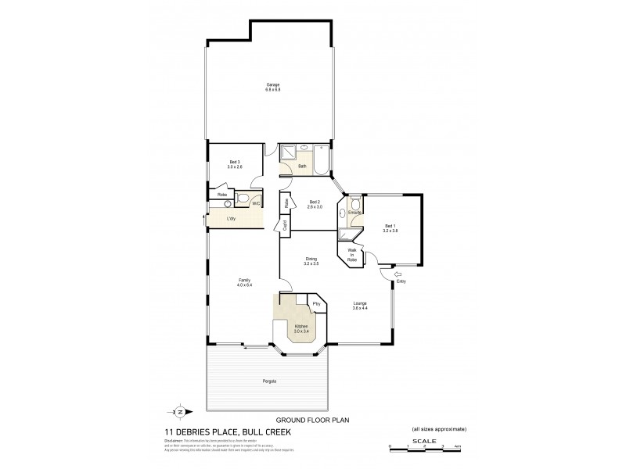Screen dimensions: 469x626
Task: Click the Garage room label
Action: pos(272,87)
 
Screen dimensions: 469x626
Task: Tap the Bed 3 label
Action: pos(234,163)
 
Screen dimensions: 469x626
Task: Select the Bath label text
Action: pos(303,166)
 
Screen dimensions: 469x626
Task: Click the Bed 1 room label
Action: pos(391,228)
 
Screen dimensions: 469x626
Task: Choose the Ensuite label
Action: pos(354,212)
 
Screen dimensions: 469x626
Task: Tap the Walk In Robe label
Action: pos(352,255)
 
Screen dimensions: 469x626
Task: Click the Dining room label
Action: pos(311,262)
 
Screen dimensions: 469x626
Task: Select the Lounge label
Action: pos(360,306)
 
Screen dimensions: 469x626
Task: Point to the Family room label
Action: pos(244,282)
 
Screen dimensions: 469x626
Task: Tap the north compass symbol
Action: pos(179,411)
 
